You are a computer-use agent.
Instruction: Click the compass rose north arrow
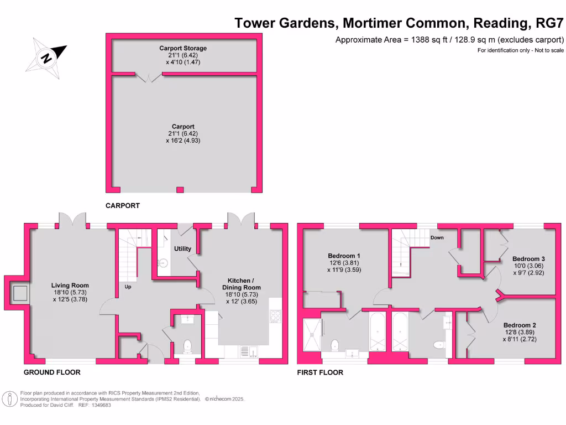click(x=46, y=55)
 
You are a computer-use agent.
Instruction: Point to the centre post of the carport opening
click(x=179, y=190)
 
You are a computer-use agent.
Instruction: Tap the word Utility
click(x=182, y=248)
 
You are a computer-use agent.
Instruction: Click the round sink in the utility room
click(x=163, y=263)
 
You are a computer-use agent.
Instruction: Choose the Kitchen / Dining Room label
click(x=241, y=284)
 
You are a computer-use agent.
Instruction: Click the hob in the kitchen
click(x=275, y=316)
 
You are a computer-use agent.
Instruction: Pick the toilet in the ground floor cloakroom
click(x=187, y=346)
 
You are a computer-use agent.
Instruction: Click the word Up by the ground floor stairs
click(x=128, y=287)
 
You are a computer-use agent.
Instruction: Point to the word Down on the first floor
click(x=437, y=237)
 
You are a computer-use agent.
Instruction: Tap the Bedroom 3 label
click(x=528, y=258)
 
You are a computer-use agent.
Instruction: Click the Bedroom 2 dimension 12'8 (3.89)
click(x=519, y=332)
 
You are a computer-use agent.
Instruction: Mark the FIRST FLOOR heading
click(x=320, y=372)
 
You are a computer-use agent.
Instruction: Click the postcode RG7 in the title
click(x=550, y=23)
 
